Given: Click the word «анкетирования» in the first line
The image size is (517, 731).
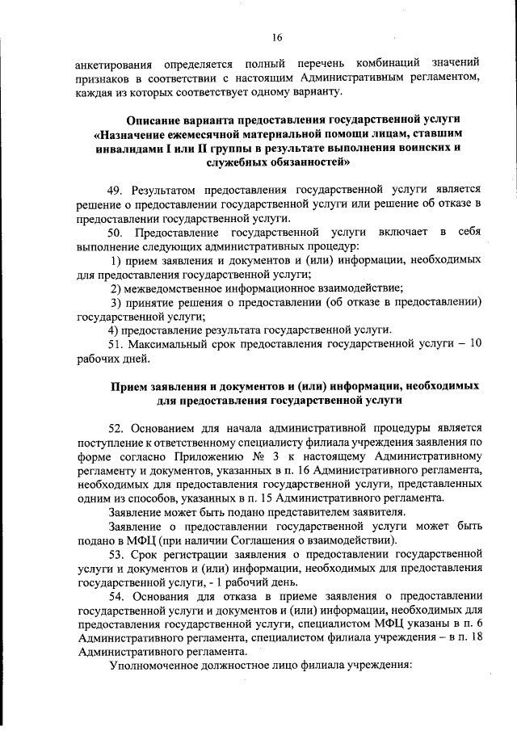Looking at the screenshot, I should [x=113, y=63].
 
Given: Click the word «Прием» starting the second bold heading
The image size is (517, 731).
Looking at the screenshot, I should [x=127, y=386].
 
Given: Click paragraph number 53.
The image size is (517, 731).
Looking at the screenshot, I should [x=117, y=556].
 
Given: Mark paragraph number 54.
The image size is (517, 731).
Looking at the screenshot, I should [x=117, y=597].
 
